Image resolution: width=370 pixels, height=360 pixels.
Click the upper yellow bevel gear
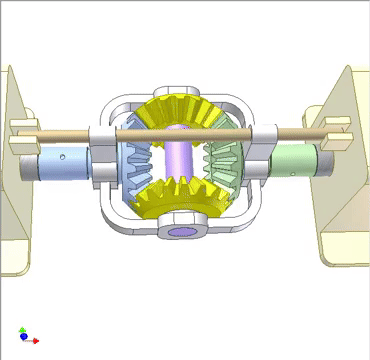click(184, 112)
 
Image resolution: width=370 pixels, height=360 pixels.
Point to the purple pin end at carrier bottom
click(184, 232)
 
